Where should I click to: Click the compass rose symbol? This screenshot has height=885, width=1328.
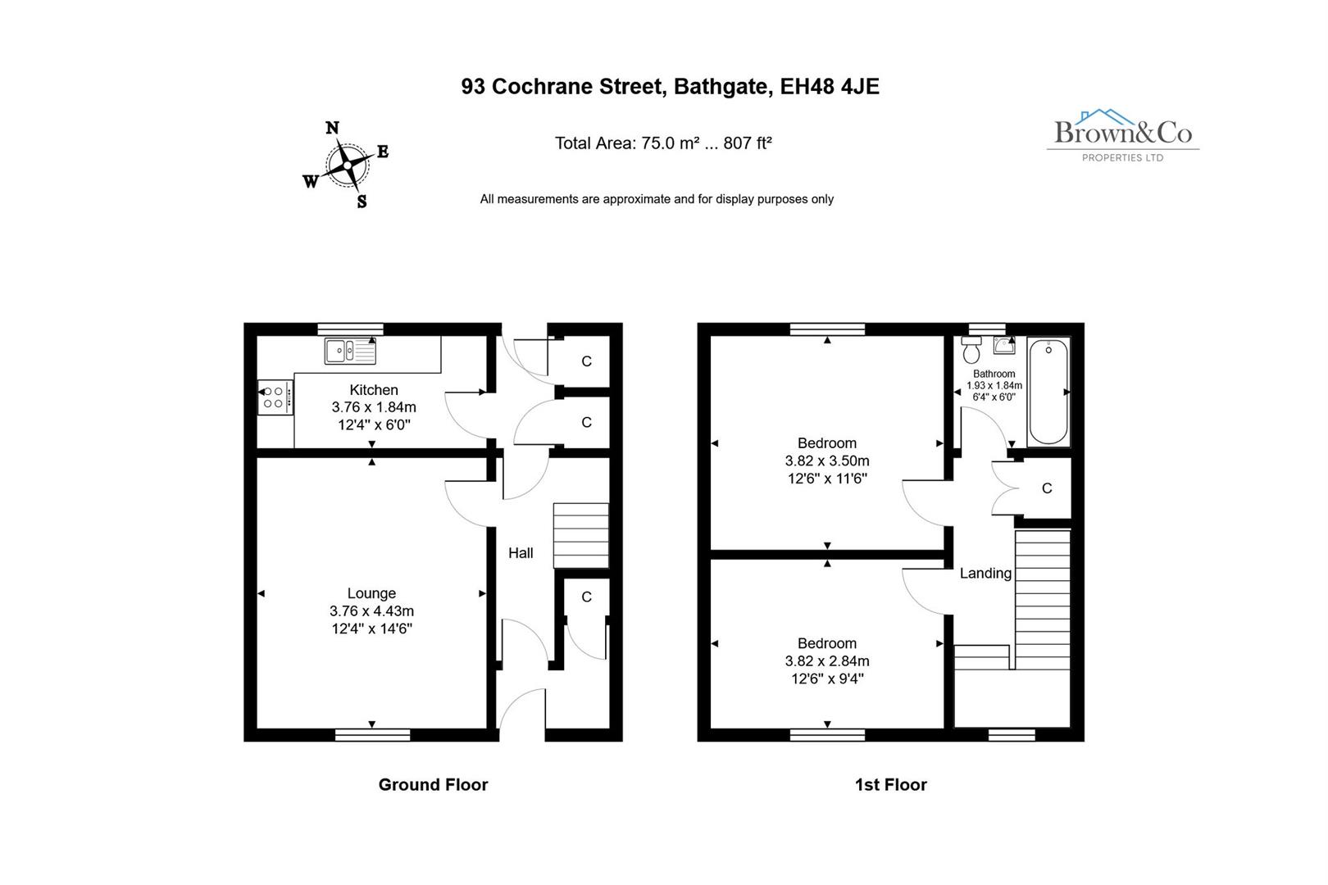pos(348,166)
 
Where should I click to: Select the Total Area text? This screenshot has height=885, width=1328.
pos(663,143)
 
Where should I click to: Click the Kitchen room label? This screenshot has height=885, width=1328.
pos(374,390)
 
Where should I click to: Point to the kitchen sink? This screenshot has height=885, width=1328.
pos(351,352)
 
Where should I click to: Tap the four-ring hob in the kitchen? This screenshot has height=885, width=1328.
pos(274,397)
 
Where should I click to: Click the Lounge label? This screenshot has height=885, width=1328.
pos(371,593)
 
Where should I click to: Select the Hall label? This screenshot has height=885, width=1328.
pos(521,553)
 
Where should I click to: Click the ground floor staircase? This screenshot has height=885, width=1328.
pos(581,535)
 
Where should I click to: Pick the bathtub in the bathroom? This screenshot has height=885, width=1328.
pos(1048,392)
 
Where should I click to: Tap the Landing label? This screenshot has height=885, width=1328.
pos(985,574)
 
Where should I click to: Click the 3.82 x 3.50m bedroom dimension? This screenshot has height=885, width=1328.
pos(827,461)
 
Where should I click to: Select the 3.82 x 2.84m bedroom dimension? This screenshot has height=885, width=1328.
pos(827,661)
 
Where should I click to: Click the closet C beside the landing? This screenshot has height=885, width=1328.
pos(1046,488)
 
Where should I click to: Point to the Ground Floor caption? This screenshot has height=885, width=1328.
pos(433,785)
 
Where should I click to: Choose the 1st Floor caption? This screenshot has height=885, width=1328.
pos(890,785)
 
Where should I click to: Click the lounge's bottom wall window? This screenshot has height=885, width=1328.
pos(372,734)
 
